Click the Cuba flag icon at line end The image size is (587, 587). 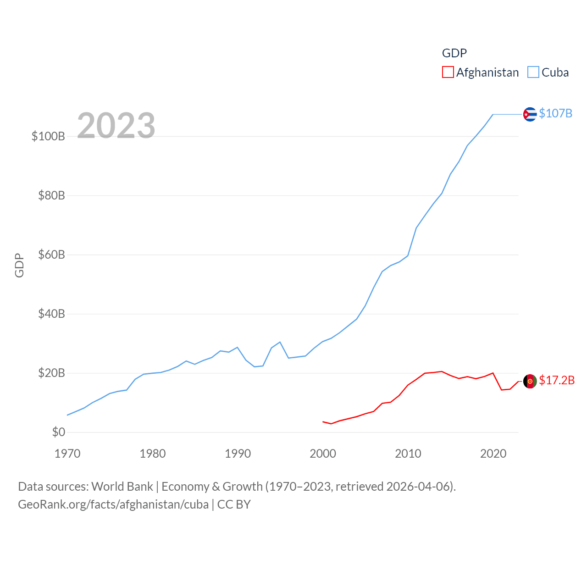[530, 114]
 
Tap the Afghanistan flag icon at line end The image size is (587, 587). [530, 381]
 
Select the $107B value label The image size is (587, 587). [555, 113]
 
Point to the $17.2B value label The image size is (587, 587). [557, 380]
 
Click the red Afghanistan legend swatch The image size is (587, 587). [448, 72]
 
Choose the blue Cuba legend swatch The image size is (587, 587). [533, 72]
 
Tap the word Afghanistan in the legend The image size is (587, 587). [487, 72]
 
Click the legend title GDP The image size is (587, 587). [454, 53]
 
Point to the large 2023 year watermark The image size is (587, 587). [116, 125]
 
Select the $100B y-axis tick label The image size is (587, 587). [48, 136]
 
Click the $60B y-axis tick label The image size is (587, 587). [51, 255]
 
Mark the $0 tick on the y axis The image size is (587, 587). [58, 432]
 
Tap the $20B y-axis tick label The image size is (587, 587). [51, 373]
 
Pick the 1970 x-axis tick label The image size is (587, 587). [67, 454]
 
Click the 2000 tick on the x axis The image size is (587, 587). [323, 454]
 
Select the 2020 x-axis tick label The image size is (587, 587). [493, 454]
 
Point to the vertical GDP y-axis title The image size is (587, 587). [19, 265]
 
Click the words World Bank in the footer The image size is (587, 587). [122, 486]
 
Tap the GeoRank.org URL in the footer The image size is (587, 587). [113, 504]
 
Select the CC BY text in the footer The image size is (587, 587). [234, 504]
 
